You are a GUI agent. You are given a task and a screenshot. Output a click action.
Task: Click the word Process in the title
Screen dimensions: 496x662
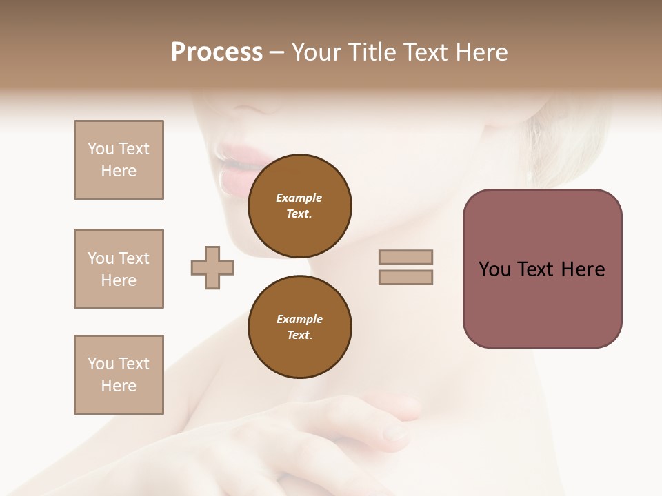pos(217,52)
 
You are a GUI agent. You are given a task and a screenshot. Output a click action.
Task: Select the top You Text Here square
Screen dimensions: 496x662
pos(119,160)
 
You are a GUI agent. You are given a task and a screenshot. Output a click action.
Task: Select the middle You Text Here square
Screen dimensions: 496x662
pos(119,269)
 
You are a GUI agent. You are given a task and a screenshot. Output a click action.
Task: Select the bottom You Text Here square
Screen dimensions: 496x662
pos(119,375)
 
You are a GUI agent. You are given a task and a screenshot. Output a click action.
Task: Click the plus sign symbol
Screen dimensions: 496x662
pos(212,268)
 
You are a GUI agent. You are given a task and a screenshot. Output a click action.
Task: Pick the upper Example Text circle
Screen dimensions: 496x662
pos(299,206)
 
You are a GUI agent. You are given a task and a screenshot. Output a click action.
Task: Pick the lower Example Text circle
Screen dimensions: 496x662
pos(299,327)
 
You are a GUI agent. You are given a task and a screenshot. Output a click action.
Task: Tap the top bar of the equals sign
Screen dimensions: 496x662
pos(405,258)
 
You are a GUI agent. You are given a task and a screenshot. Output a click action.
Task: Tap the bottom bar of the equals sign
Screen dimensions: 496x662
pos(405,278)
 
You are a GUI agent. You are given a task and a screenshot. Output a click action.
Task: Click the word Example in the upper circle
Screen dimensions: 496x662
pos(299,198)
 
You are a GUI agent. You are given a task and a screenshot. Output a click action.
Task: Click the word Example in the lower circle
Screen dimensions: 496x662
pos(299,319)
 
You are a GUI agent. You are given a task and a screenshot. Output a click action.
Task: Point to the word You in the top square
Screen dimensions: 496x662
pos(100,149)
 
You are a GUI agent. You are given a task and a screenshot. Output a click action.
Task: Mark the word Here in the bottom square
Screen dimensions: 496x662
pos(119,386)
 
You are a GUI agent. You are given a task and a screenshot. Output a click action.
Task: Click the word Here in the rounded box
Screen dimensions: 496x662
pos(583,269)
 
